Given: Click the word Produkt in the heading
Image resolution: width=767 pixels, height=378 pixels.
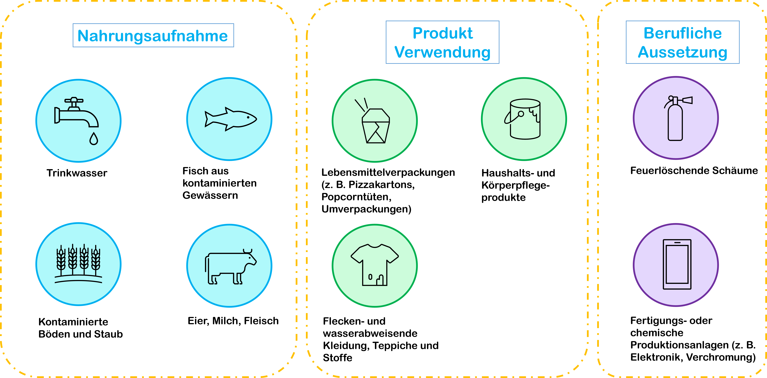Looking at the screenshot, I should pos(442,33).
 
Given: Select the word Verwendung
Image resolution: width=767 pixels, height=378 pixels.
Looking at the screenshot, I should pos(442,52).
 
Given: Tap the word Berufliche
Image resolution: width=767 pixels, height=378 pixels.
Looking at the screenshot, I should pos(682,33).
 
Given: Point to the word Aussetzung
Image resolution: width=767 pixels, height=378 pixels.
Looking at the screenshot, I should pos(682,52).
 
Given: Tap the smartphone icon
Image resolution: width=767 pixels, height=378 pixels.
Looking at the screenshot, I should pos(677,264).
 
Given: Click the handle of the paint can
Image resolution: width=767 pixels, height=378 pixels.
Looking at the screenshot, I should pos(512,118).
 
